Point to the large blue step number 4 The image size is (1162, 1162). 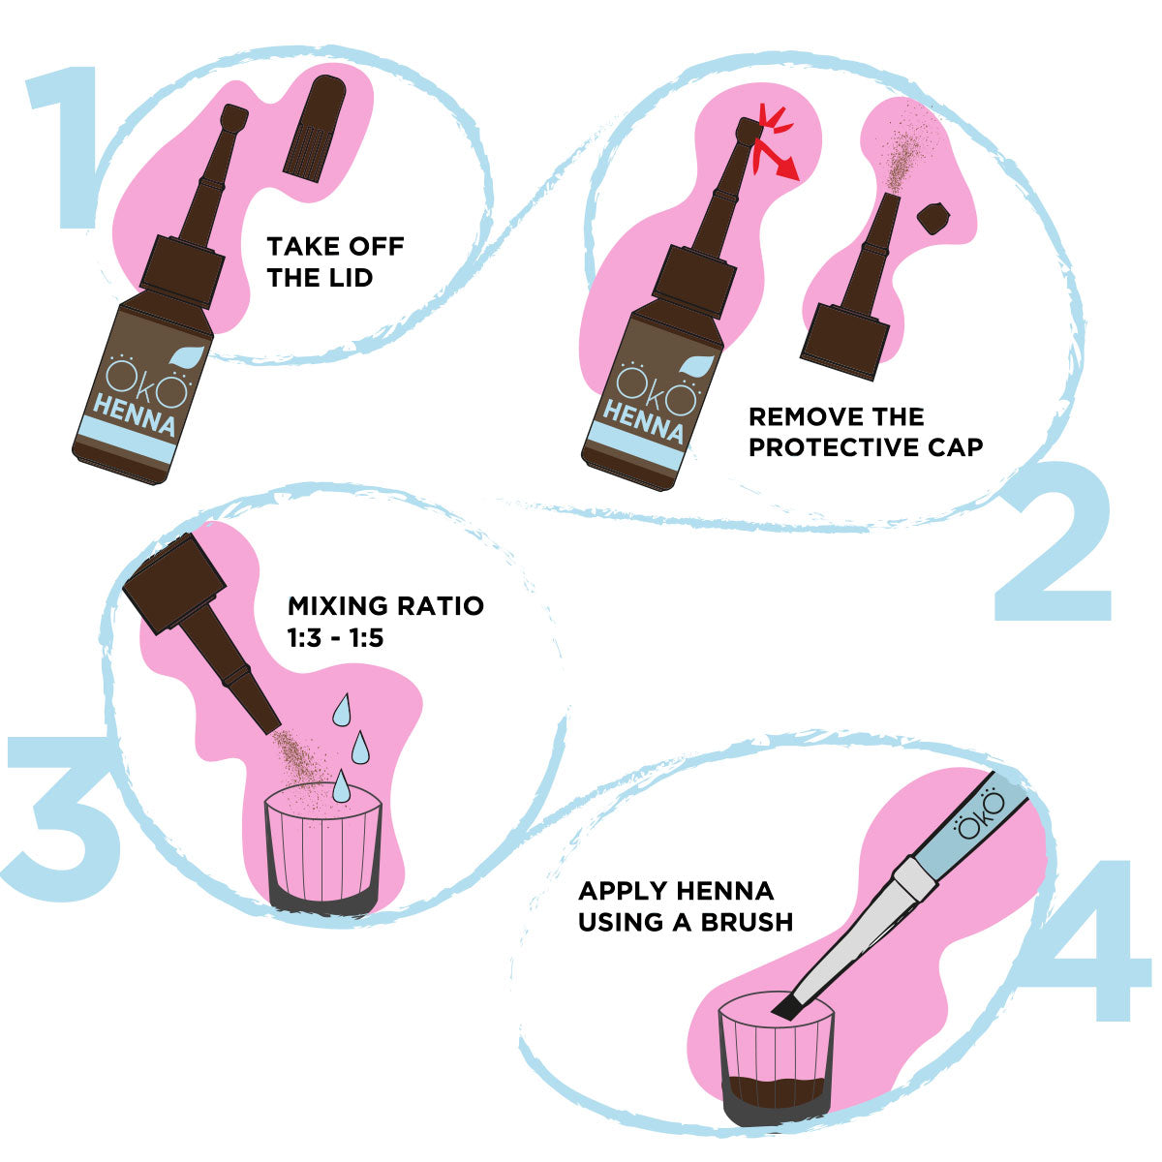click(1089, 944)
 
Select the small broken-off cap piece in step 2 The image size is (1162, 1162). click(932, 219)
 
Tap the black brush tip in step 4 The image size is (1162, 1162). click(785, 1007)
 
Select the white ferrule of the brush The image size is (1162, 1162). click(914, 876)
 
